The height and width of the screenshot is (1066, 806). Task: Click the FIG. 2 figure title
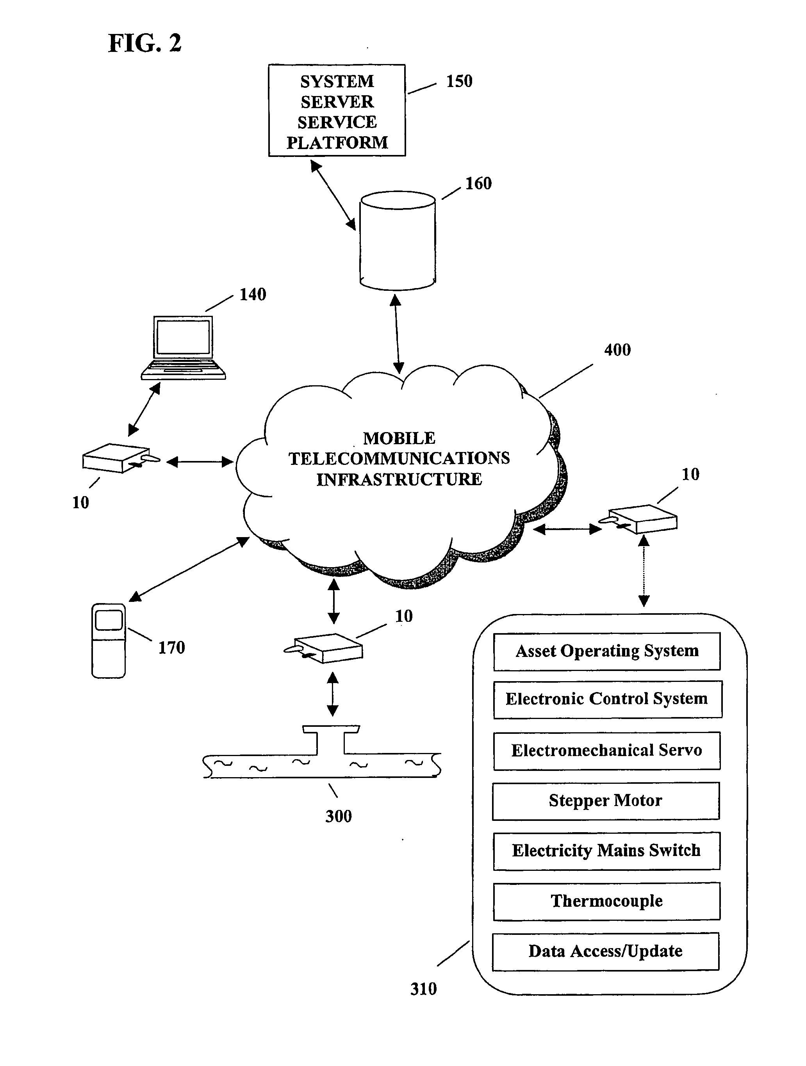click(144, 43)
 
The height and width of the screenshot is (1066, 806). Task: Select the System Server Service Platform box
click(337, 110)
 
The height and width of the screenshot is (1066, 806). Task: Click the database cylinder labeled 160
click(398, 241)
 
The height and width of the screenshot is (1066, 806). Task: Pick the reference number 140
click(253, 294)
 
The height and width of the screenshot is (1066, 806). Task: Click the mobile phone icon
click(109, 641)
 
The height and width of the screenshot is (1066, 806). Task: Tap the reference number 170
click(171, 648)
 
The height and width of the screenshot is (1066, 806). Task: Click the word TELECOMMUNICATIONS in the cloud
click(399, 458)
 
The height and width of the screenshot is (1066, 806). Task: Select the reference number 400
click(617, 350)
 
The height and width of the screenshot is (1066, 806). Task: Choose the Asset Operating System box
click(607, 651)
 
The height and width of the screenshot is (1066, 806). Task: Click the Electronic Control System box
click(607, 699)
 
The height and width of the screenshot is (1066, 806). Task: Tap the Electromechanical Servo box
click(606, 750)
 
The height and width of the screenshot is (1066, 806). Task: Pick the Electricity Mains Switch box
click(606, 851)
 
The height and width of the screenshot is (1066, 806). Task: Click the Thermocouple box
click(606, 901)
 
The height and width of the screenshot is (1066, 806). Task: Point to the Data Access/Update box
click(605, 951)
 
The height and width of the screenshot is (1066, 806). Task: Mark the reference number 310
click(423, 989)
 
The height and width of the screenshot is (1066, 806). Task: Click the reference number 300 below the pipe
click(339, 816)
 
